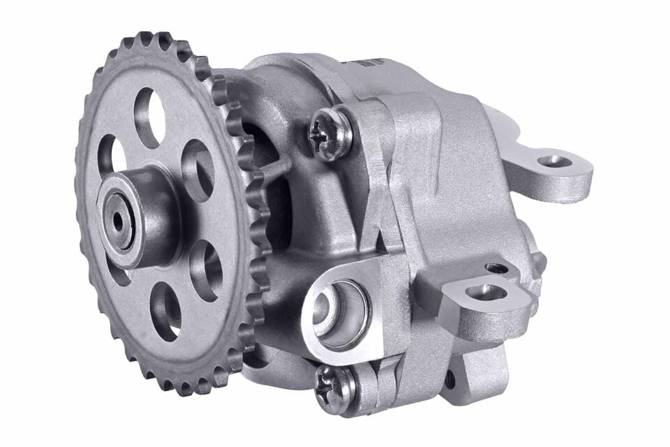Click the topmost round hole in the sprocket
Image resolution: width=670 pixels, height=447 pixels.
tap(149, 117)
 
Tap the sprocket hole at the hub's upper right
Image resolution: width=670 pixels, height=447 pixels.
tap(198, 170)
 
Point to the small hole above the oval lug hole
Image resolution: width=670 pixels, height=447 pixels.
tap(496, 268)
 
